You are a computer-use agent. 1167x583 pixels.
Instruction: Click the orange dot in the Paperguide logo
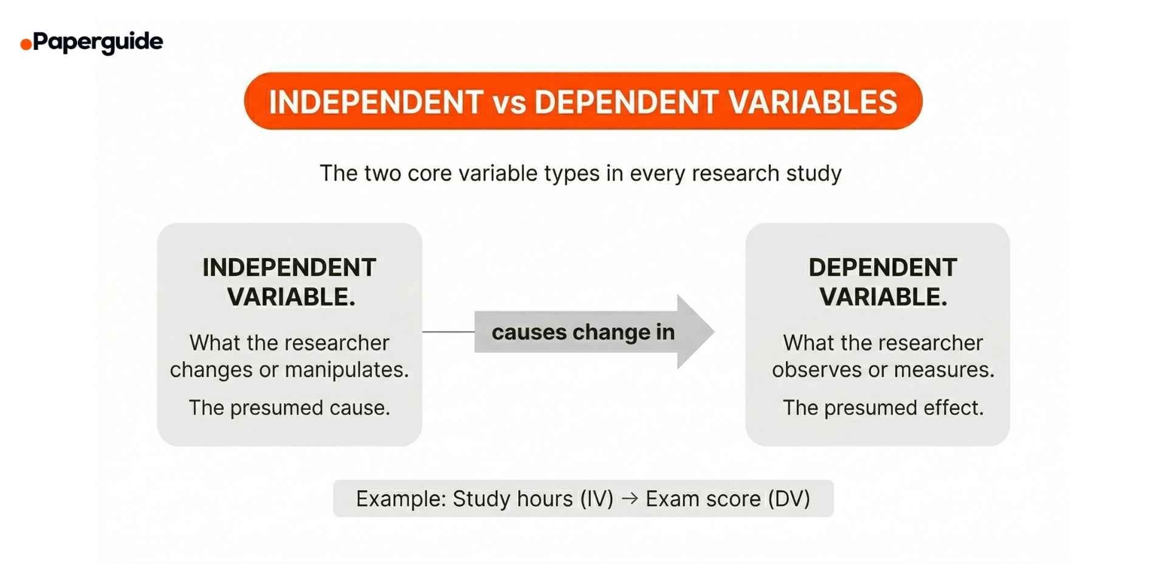26,44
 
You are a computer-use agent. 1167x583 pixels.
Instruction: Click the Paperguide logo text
98,42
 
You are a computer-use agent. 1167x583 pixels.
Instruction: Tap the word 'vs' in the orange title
509,102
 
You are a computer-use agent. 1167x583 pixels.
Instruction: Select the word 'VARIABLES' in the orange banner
813,102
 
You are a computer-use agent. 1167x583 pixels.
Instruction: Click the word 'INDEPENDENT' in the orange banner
376,102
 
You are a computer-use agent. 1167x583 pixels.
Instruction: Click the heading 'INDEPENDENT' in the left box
289,268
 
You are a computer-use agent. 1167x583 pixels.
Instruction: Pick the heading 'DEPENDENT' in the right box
883,268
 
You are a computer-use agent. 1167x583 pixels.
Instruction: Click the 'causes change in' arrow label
583,332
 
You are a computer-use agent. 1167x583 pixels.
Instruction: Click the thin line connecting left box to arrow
448,332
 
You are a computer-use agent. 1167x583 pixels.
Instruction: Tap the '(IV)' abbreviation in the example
596,499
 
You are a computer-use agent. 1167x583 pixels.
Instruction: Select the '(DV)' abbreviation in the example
789,499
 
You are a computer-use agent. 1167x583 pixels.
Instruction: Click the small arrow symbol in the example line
630,499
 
